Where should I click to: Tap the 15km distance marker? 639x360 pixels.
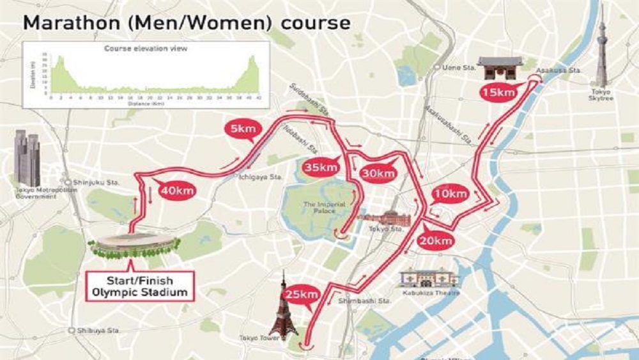pyautogui.click(x=498, y=93)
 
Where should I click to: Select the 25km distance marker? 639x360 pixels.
pyautogui.click(x=302, y=294)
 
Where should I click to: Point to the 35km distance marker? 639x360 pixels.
pyautogui.click(x=319, y=168)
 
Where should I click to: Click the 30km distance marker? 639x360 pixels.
pyautogui.click(x=378, y=173)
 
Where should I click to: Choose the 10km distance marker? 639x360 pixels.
pyautogui.click(x=451, y=194)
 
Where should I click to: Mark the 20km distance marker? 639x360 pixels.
pyautogui.click(x=436, y=240)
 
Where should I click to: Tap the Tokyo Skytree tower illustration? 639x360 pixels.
pyautogui.click(x=601, y=51)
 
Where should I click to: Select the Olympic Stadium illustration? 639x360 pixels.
pyautogui.click(x=134, y=246)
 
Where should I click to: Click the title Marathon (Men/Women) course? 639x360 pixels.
pyautogui.click(x=187, y=22)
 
